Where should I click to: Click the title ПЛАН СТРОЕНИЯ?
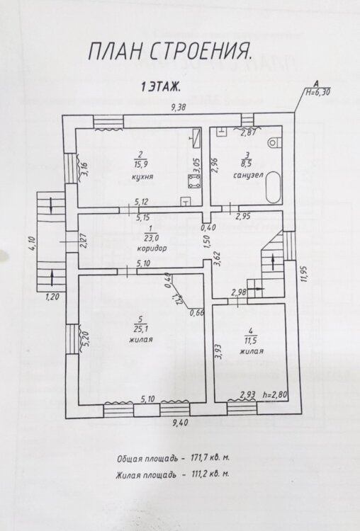click(171, 52)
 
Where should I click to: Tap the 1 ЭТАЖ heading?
click(161, 87)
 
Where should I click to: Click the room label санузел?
click(249, 176)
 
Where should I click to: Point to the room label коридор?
click(152, 249)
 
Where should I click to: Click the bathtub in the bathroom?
click(274, 187)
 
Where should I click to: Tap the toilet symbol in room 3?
click(274, 143)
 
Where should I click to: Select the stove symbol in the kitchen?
click(194, 182)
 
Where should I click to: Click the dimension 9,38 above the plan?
click(179, 108)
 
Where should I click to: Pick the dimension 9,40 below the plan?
click(180, 423)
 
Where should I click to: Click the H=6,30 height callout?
click(318, 92)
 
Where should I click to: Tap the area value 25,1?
click(141, 329)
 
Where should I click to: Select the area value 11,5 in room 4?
click(251, 340)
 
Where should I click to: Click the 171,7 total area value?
click(197, 458)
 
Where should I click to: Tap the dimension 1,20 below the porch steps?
click(52, 297)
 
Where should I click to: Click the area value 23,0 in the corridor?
click(152, 238)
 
